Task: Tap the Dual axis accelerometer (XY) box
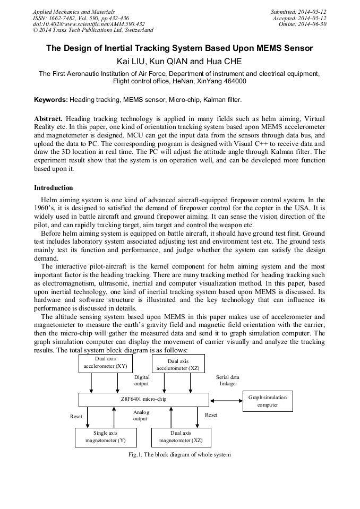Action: [106, 363]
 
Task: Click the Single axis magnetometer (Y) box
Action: [105, 437]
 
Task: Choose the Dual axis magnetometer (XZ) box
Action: [181, 437]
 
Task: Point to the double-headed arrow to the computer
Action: [226, 400]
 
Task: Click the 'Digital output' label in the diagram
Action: [142, 380]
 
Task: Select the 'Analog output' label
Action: [141, 415]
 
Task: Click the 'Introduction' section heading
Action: [54, 188]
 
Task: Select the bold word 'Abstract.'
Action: [48, 118]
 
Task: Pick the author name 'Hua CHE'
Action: [225, 62]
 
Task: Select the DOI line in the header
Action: [89, 24]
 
